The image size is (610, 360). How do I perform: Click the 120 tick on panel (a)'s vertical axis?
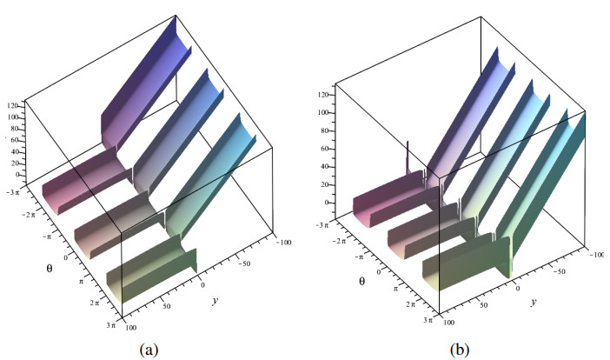[13, 105]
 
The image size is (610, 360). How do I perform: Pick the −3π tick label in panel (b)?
[343, 224]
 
